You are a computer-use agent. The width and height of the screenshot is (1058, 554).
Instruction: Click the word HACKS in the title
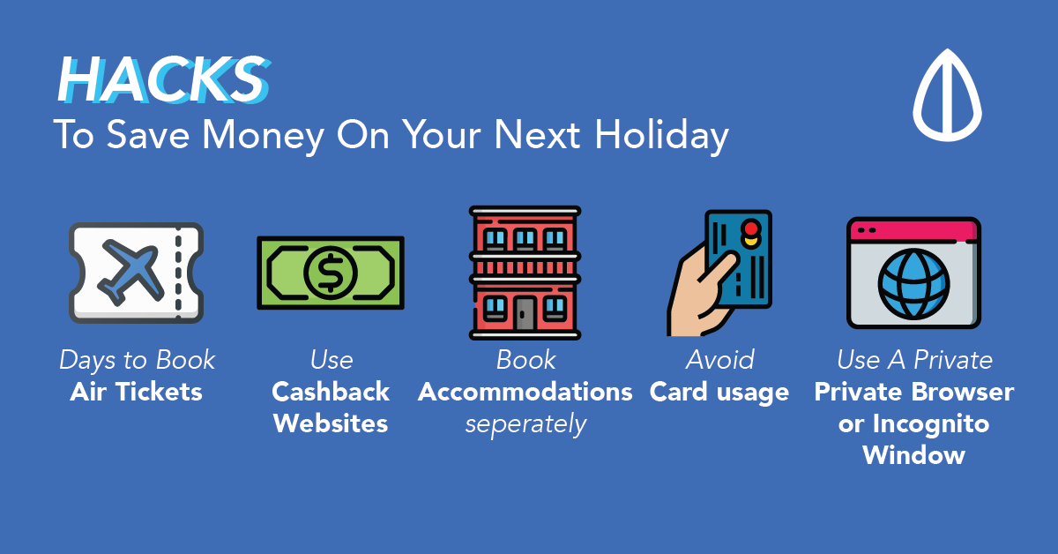164,79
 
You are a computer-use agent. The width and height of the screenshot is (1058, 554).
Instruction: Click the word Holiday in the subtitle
661,136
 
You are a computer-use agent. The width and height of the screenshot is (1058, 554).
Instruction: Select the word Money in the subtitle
263,136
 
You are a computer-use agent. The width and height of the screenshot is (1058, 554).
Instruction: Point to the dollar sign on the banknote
330,273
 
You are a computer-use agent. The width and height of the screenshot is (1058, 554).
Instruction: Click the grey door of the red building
525,313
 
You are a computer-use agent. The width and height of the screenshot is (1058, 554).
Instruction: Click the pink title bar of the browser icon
913,230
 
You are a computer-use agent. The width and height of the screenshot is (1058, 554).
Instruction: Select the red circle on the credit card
751,228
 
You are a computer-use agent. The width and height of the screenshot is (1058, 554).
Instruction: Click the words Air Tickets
136,392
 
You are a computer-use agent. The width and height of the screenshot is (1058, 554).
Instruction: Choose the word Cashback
331,392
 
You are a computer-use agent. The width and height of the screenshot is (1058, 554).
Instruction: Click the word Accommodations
525,392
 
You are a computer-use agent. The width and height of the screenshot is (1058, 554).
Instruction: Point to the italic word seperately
525,424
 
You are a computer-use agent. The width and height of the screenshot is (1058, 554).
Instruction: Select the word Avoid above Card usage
719,360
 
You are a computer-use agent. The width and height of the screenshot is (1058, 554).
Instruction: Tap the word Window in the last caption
913,455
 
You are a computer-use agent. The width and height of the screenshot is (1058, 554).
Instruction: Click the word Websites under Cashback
331,423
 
